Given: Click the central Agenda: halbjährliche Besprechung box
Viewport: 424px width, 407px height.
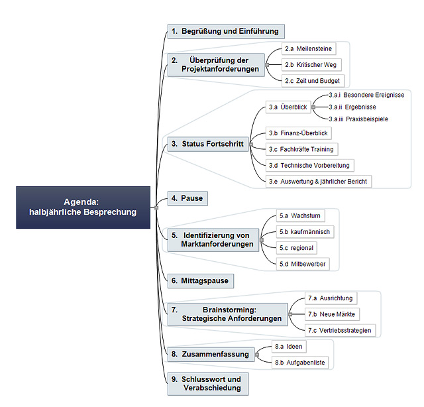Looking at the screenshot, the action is pos(83,207).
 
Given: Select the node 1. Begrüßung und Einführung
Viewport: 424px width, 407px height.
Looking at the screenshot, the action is pos(226,31).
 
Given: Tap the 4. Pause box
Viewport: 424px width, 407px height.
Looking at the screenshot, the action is pos(187,198).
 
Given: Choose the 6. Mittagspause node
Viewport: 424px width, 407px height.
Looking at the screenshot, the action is pos(201,281).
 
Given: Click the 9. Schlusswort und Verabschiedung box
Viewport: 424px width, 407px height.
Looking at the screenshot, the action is pos(208,384).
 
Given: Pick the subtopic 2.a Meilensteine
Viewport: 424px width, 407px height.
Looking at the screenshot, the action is pos(309,48).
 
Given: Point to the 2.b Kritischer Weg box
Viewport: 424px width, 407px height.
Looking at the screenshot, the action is pos(311,65).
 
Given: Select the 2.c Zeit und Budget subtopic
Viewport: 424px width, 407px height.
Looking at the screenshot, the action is pos(313,81).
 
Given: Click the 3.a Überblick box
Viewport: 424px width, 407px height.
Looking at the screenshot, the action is pos(288,107).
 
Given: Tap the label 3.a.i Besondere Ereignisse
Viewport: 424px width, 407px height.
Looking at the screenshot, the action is pos(366,95).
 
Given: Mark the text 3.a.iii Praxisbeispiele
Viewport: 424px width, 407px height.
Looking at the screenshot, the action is pos(358,119).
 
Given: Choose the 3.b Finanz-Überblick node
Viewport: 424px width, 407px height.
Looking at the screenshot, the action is pos(299,133).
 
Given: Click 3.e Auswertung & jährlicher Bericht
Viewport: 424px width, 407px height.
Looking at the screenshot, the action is pos(319,182).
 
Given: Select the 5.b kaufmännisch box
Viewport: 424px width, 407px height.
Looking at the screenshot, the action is pos(305,232).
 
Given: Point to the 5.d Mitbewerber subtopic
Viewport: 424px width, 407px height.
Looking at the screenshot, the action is pos(303,264).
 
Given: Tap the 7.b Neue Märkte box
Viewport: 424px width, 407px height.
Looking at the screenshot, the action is pos(332,314).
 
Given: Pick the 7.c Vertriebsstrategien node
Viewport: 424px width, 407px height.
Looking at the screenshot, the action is pos(340,330).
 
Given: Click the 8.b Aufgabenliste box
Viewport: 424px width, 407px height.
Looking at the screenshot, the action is pos(300,363).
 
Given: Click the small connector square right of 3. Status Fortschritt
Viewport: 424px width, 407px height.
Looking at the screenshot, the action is pos(251,145).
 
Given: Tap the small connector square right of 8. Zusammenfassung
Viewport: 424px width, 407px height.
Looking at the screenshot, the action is pos(257,355).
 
